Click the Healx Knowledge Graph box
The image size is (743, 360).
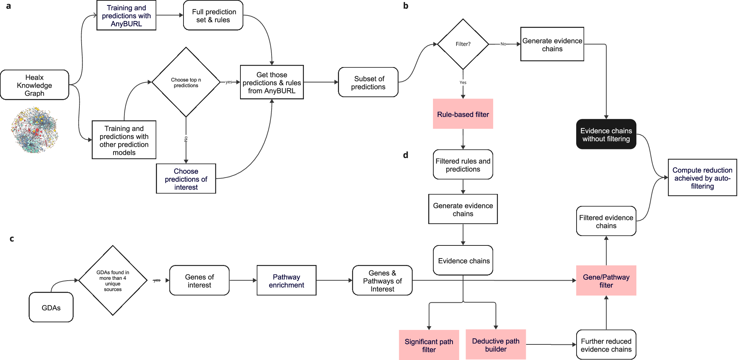[34, 85]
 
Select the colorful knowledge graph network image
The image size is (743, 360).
[34, 130]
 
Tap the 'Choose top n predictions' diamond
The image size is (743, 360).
[186, 82]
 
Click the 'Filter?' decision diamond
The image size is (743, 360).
[463, 44]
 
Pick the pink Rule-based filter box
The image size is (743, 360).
[463, 114]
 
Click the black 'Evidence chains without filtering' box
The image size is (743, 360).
[606, 135]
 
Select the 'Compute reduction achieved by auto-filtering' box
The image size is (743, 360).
[702, 178]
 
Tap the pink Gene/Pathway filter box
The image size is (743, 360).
[606, 281]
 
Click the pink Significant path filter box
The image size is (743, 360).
[429, 345]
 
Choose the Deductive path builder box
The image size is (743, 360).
[495, 345]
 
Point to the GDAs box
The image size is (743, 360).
[51, 307]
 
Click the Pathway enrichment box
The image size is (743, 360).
[286, 281]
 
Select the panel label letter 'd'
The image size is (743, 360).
[405, 155]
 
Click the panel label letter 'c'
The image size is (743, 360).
[12, 239]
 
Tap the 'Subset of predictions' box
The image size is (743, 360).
[368, 83]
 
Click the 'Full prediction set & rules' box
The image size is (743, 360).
[213, 16]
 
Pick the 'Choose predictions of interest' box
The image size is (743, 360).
[186, 179]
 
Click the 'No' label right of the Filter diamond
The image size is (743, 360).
[503, 44]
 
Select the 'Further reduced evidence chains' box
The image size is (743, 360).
[606, 345]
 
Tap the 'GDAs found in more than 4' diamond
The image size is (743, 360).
[113, 281]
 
